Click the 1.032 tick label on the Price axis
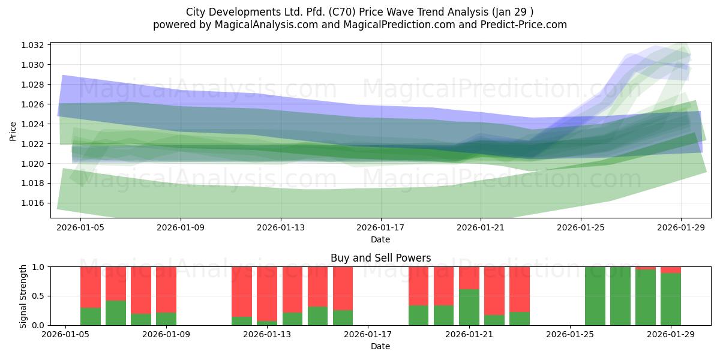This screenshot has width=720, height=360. [x=32, y=45]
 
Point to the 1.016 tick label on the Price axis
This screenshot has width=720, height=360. [x=32, y=203]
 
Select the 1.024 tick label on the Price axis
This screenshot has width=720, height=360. [x=32, y=124]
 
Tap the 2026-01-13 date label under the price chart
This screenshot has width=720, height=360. [x=281, y=227]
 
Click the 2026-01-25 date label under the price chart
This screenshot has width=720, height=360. [x=581, y=227]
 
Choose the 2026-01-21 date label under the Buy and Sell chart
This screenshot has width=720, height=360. [x=469, y=335]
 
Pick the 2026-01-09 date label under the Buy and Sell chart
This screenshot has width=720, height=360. [x=166, y=335]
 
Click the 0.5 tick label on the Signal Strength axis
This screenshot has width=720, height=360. [x=38, y=296]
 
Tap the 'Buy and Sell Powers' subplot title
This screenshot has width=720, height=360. [x=380, y=258]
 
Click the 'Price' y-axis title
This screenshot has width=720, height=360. [x=13, y=131]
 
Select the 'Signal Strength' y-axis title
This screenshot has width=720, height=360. [x=23, y=296]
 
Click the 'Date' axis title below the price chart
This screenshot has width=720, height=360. [x=380, y=239]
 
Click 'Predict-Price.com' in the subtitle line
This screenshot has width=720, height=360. [x=524, y=25]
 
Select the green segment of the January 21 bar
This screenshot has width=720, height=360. [x=469, y=307]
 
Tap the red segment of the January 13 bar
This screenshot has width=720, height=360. [x=267, y=294]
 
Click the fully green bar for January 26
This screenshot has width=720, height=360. [x=595, y=296]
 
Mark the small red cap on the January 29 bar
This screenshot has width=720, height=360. [x=671, y=270]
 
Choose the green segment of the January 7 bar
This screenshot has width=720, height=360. [x=116, y=313]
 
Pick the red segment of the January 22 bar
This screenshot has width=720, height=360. [x=494, y=291]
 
